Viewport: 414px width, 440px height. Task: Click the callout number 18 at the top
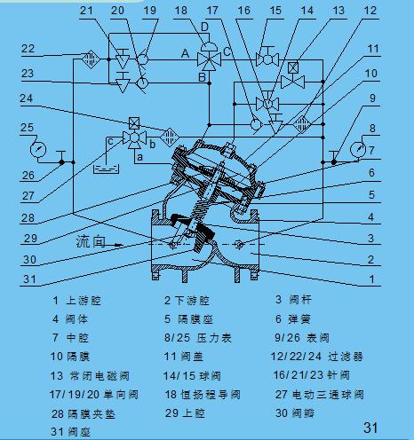(x=180, y=10)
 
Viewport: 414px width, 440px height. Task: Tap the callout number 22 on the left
(x=28, y=48)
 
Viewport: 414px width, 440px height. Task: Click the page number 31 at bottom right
(x=370, y=428)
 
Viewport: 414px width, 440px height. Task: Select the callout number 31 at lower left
(x=29, y=279)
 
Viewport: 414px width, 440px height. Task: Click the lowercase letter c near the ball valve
(x=108, y=140)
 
